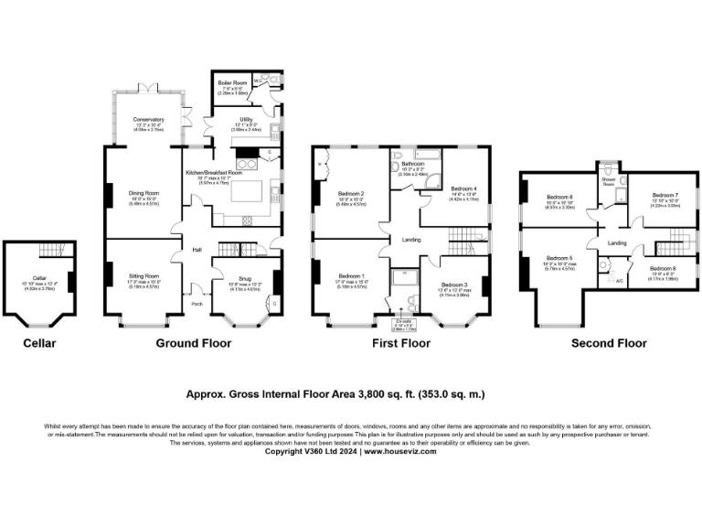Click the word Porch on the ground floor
point(197,306)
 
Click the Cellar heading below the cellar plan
point(39,343)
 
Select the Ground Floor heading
point(193,343)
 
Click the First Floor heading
point(400,343)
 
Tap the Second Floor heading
point(608,343)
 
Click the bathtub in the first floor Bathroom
point(427,155)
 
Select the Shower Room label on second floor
point(608,181)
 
